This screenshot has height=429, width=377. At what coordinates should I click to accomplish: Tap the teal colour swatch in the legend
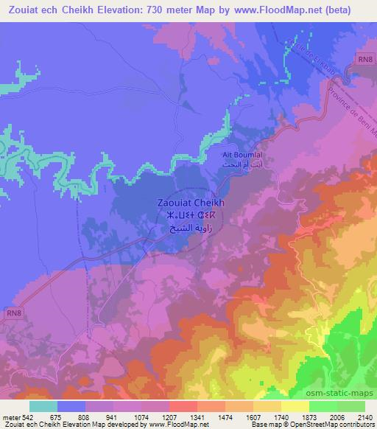43,405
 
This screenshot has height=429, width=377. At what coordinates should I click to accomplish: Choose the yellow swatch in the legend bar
295,405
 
